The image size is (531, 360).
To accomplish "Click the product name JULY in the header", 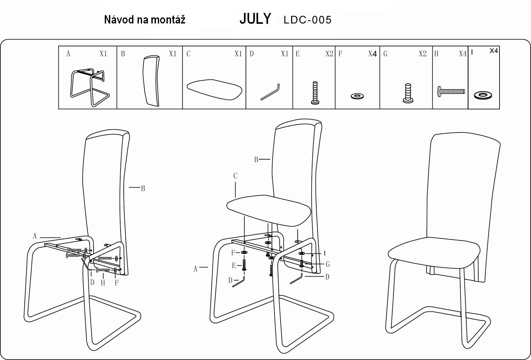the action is [255, 19].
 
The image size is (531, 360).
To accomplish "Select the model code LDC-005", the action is [308, 20].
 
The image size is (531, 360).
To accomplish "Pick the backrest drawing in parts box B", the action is [151, 81].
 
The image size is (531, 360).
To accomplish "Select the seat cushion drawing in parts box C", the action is [214, 89].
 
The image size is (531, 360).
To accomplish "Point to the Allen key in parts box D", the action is [270, 92].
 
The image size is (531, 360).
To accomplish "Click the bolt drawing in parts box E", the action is [315, 93].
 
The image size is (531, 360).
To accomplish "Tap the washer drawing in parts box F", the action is [357, 96].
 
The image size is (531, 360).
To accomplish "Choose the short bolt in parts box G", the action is [408, 93].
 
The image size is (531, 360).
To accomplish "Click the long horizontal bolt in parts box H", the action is [451, 92].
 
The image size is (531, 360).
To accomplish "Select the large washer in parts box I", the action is [483, 96].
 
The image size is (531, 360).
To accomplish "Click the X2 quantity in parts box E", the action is [329, 54].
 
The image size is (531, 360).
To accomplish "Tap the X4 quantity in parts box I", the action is [494, 51].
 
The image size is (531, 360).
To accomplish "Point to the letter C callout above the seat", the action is [235, 176].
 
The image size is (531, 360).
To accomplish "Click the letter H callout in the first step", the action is [103, 283].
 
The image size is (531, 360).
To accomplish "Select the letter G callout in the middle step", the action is [328, 264].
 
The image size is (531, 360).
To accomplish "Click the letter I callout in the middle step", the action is [325, 253].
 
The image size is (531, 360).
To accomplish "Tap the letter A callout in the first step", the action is [35, 236].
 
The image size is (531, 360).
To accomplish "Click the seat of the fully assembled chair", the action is [434, 253].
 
